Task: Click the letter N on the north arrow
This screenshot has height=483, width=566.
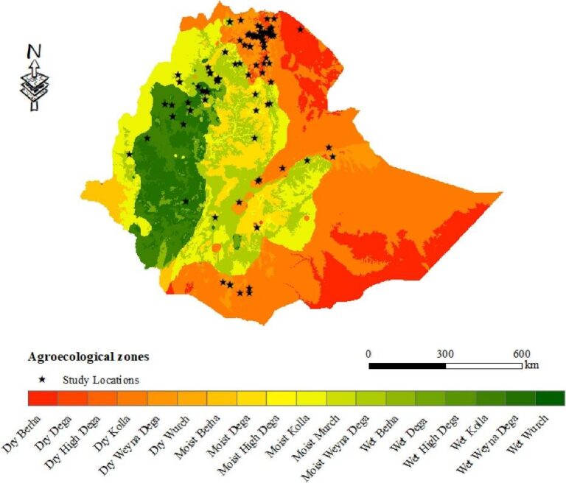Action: pyautogui.click(x=33, y=52)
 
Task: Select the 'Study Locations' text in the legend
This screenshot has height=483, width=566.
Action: pyautogui.click(x=100, y=380)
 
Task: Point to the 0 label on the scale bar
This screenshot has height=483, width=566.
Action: pyautogui.click(x=369, y=352)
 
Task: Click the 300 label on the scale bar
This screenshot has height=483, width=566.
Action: pyautogui.click(x=445, y=352)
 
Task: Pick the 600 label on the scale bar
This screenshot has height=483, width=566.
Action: pyautogui.click(x=519, y=352)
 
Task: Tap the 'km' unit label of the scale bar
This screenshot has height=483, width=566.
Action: pyautogui.click(x=531, y=365)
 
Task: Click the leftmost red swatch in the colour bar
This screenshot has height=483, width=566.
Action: pyautogui.click(x=43, y=398)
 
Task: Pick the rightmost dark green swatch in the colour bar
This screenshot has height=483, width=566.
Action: pyautogui.click(x=550, y=398)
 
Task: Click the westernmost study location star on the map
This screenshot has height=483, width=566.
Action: pyautogui.click(x=130, y=154)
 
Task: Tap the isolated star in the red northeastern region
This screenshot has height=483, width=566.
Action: pyautogui.click(x=300, y=29)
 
